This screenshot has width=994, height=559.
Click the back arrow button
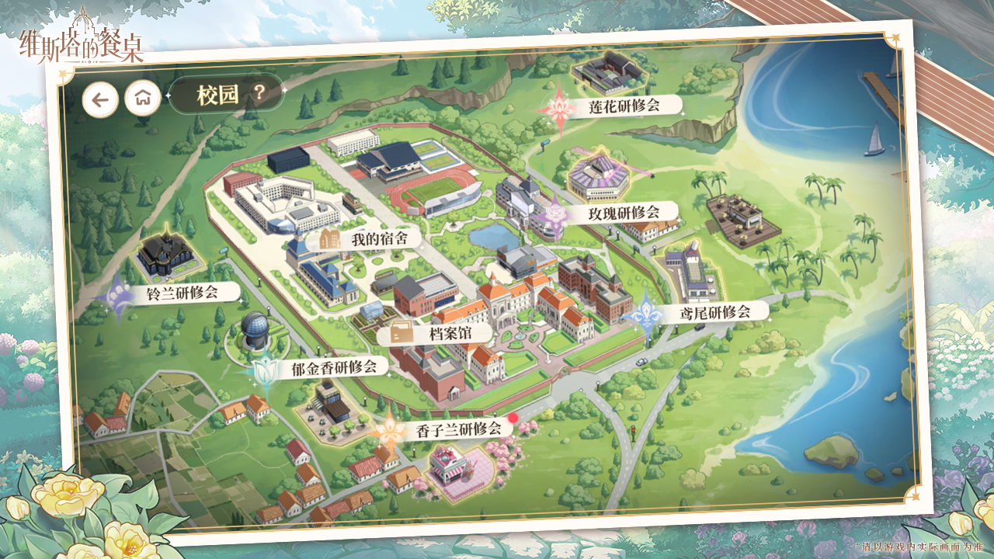[100, 99]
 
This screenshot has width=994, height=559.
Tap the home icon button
[143, 99]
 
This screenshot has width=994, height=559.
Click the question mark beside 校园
[259, 94]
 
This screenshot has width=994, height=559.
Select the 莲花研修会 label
[624, 106]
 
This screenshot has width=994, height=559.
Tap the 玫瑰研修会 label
[623, 212]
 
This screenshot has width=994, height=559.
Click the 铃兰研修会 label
[182, 293]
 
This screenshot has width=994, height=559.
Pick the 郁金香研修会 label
[333, 367]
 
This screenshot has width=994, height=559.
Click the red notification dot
[513, 418]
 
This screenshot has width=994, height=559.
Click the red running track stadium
[436, 190]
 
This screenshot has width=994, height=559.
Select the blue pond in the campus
[492, 236]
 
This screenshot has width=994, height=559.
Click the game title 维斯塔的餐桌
[82, 43]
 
